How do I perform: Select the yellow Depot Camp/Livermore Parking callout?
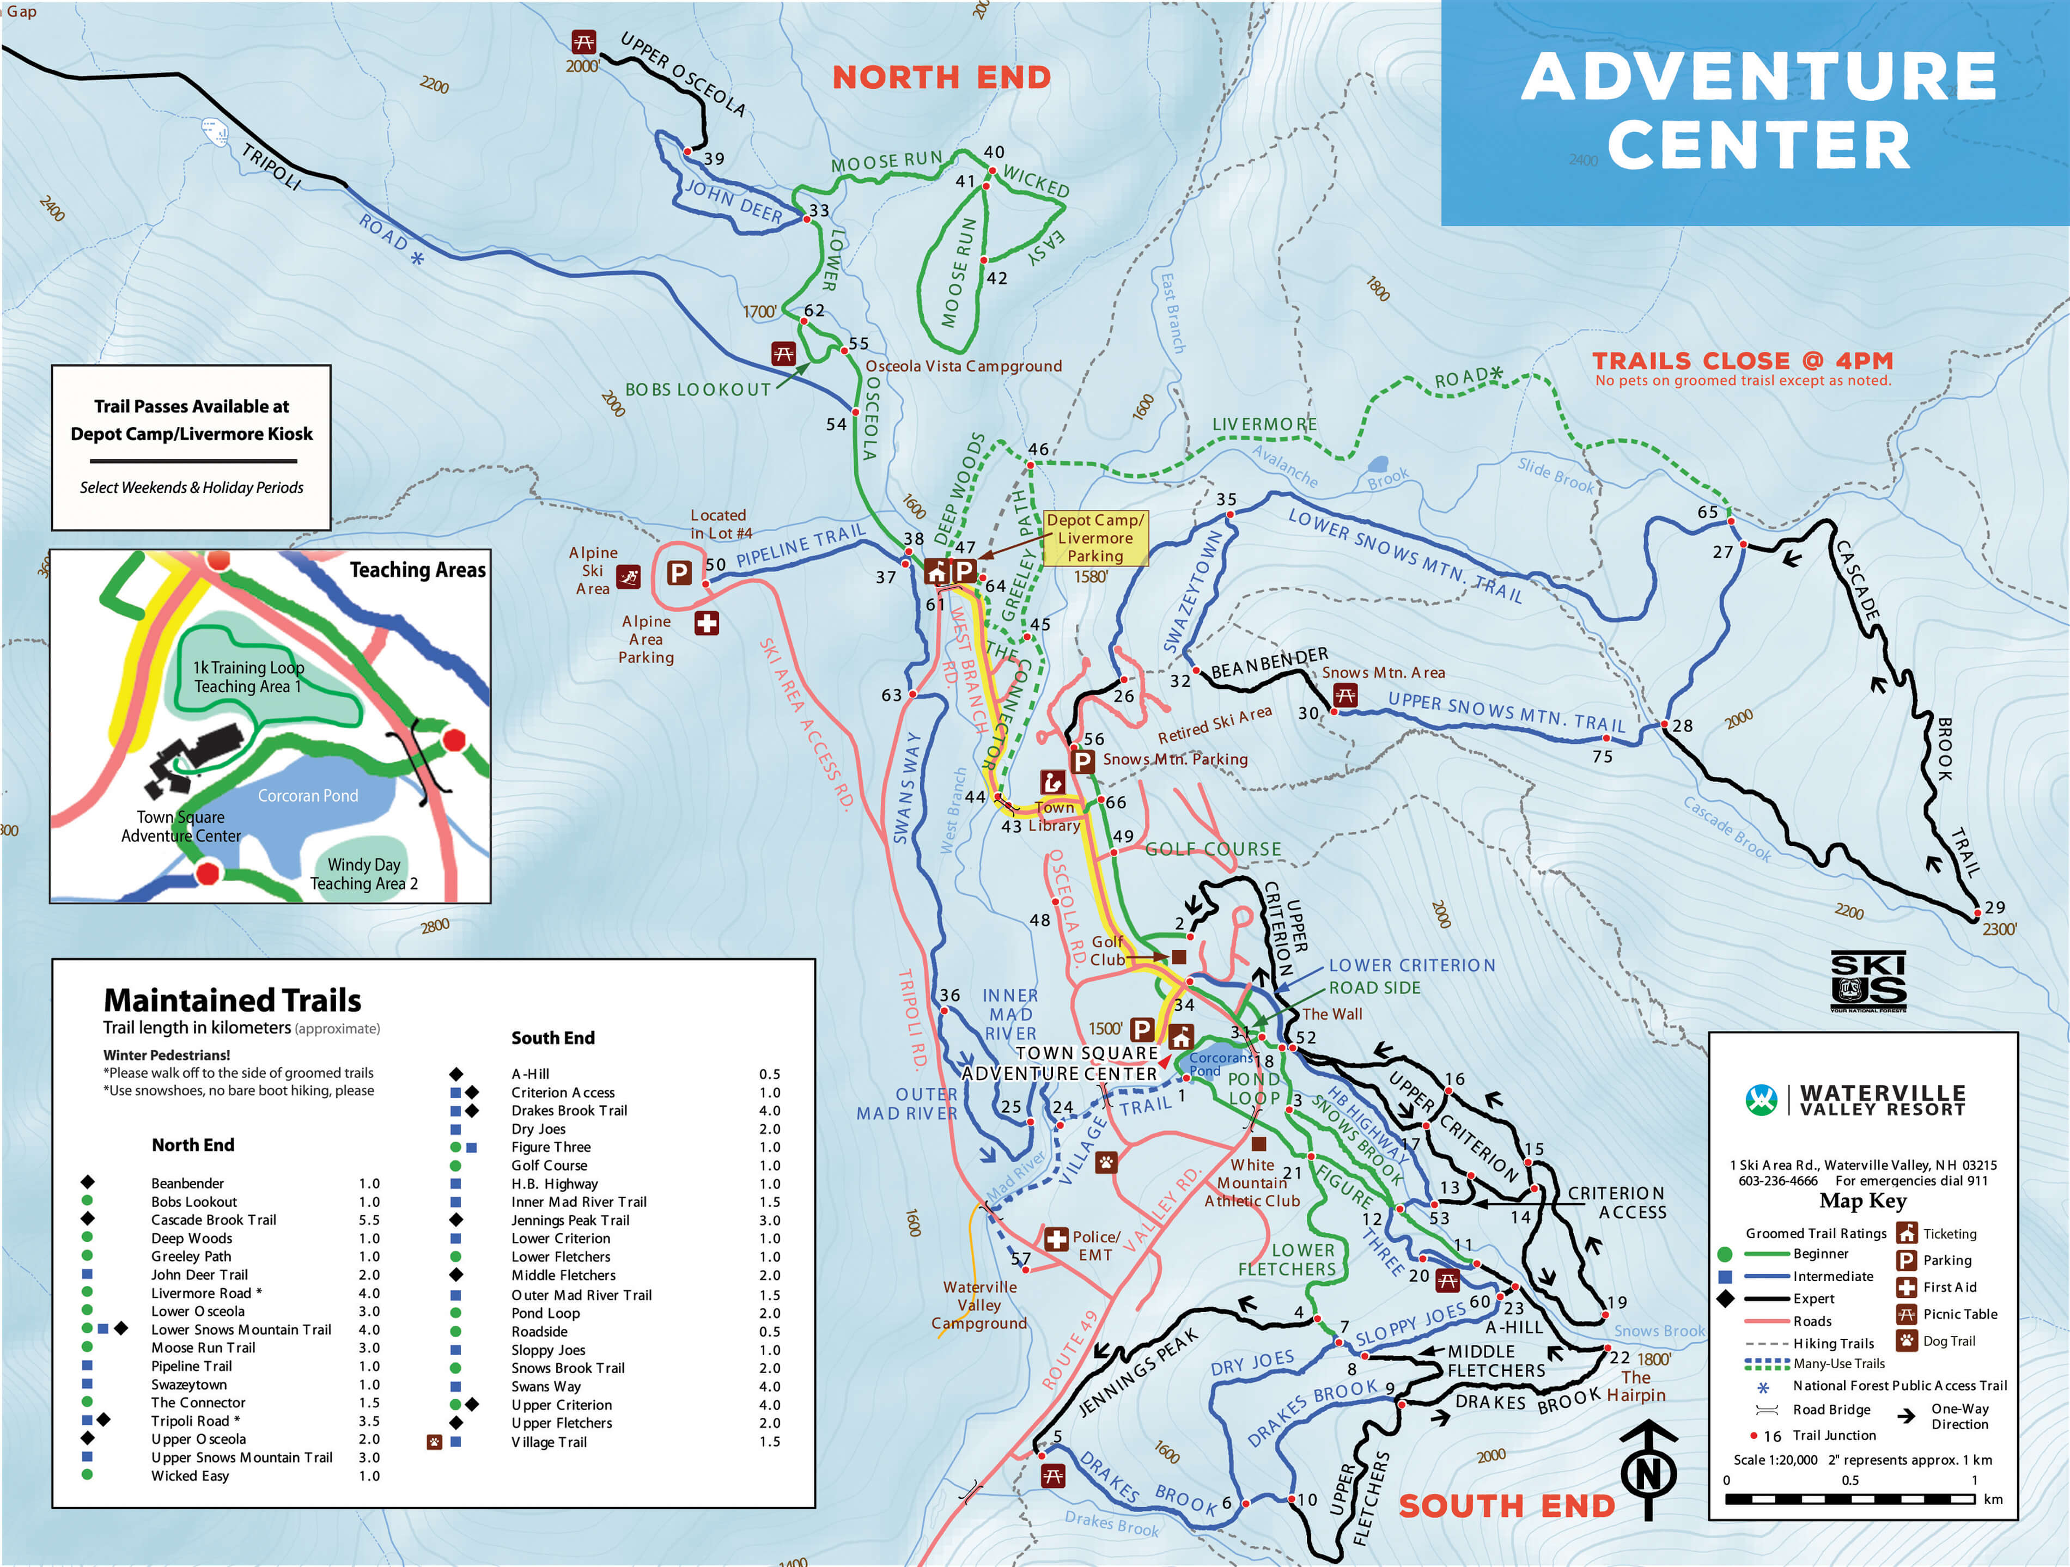pos(1095,538)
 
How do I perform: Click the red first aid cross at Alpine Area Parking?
pos(707,623)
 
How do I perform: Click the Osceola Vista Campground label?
pos(963,366)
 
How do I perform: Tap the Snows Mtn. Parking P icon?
pos(1083,760)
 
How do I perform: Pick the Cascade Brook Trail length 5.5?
pos(369,1220)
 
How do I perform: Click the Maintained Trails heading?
pos(232,1000)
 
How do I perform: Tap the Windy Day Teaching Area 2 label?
pos(364,874)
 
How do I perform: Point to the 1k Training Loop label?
pos(248,676)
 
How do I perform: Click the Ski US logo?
pos(1868,981)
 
